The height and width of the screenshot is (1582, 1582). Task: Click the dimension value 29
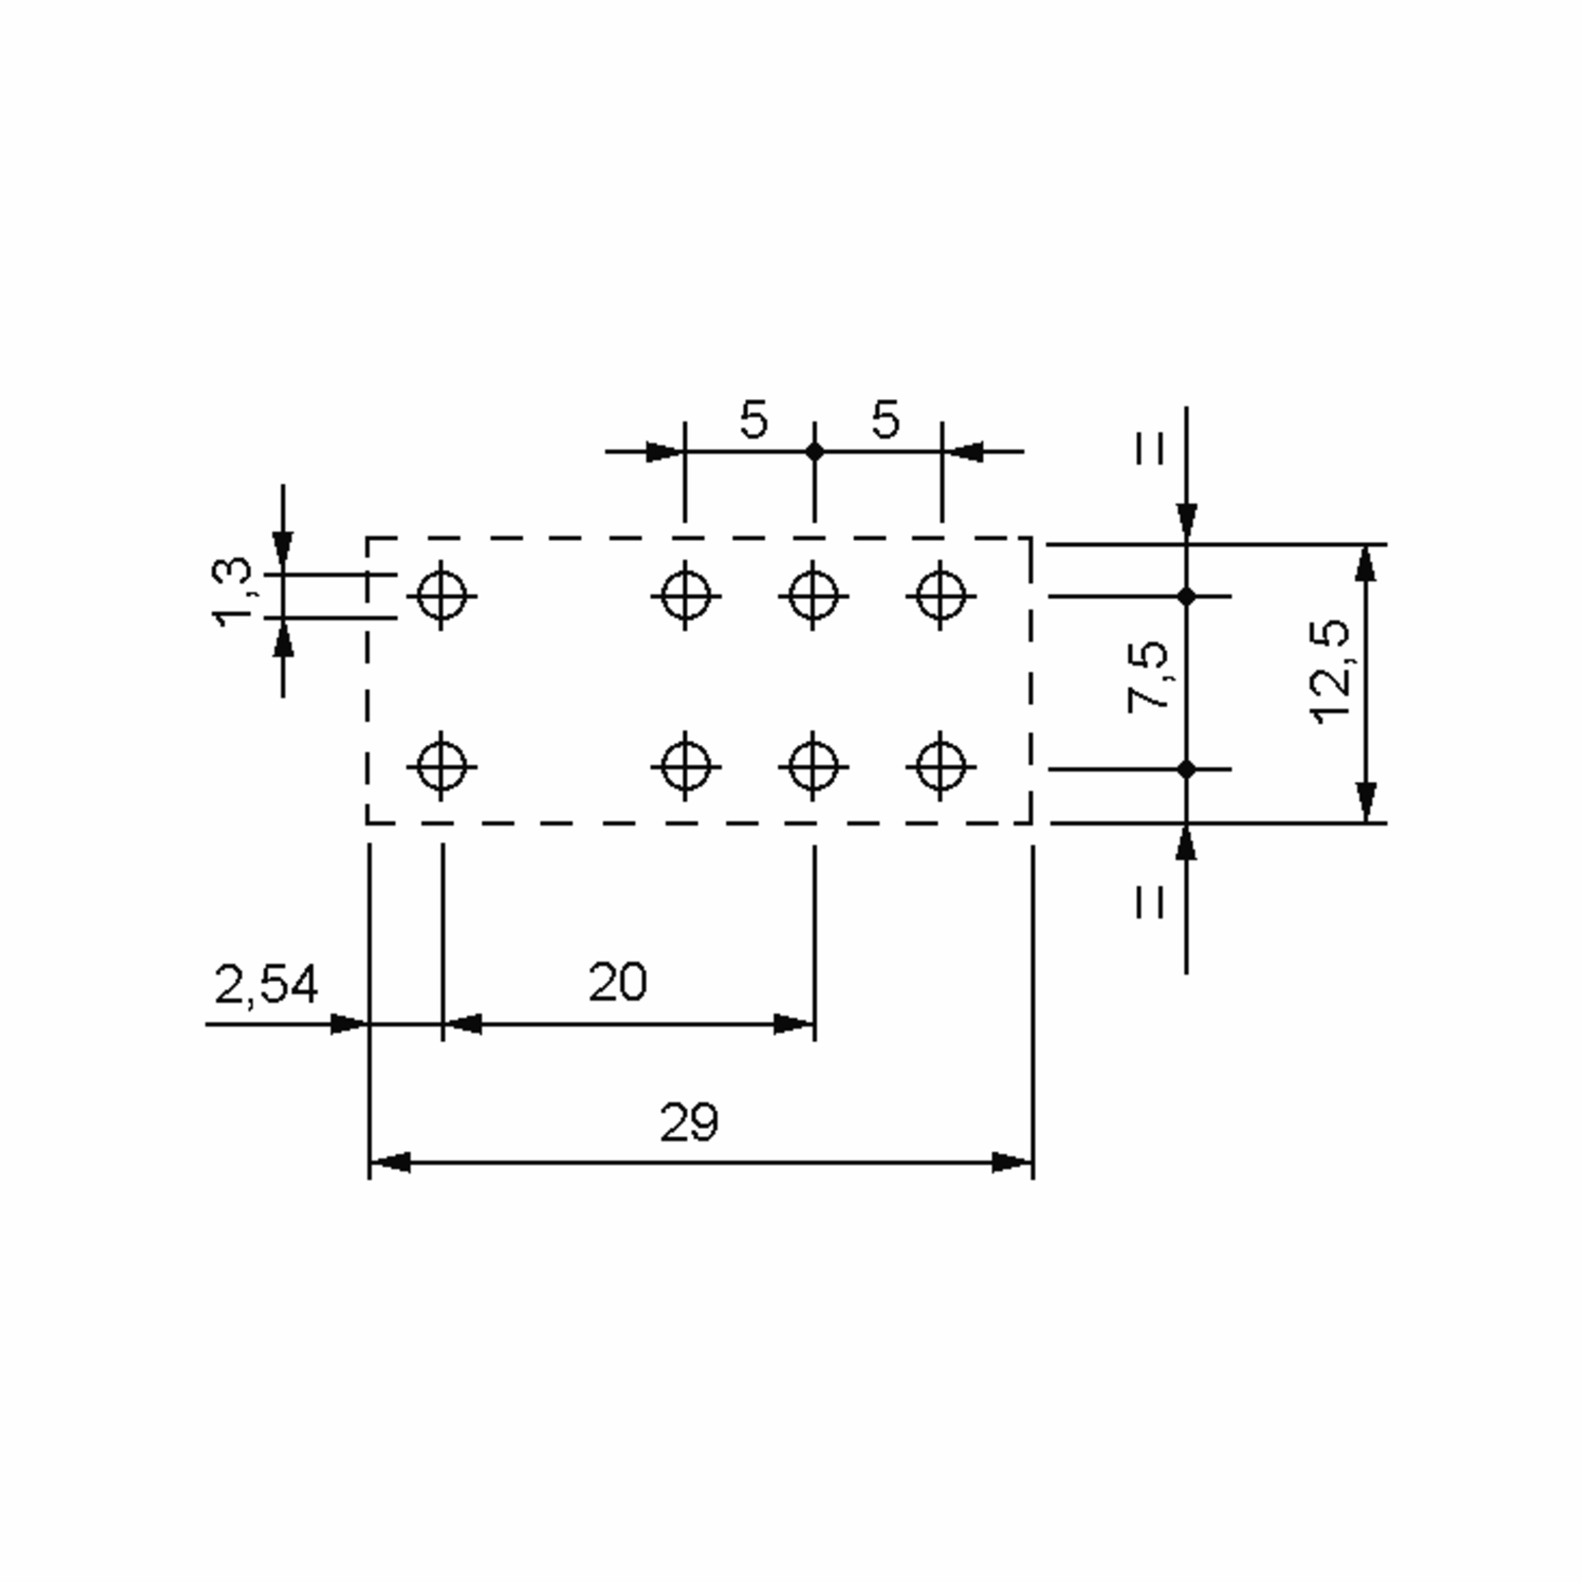689,1123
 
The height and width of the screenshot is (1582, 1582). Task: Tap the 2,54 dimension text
266,985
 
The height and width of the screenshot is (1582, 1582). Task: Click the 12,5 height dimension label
1330,672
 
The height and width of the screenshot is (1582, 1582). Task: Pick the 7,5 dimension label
1149,676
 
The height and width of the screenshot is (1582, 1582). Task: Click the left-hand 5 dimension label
753,419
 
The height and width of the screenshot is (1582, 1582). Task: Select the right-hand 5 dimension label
885,419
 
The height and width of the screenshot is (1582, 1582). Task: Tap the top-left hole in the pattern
442,595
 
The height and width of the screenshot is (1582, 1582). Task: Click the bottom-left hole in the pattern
442,767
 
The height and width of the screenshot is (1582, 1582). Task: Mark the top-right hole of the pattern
941,595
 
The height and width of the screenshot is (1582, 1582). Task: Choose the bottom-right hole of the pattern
941,767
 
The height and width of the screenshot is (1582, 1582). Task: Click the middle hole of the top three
813,595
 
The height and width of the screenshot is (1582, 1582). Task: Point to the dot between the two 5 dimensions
814,451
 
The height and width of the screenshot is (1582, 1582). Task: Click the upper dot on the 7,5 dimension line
1186,596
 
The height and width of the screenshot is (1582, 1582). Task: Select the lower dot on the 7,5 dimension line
1186,769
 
